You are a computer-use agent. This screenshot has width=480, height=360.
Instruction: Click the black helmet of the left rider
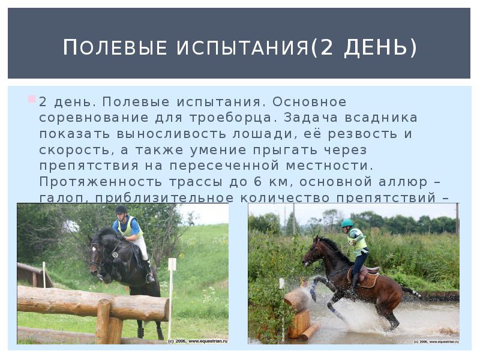tap(121, 209)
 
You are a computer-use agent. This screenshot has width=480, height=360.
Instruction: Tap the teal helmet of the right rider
tap(347, 223)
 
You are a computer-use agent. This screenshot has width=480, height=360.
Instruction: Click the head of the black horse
tap(97, 255)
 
